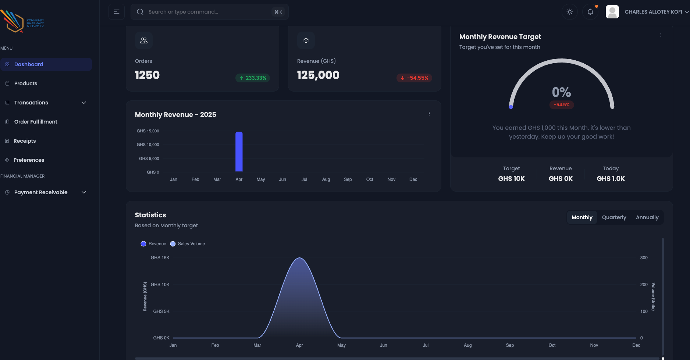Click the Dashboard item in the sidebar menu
tap(29, 64)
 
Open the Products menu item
tap(26, 83)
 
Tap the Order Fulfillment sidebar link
tap(36, 122)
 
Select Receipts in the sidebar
tap(25, 141)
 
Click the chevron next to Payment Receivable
tap(84, 192)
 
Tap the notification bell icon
tap(590, 12)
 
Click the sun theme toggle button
tap(570, 12)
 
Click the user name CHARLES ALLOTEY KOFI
tap(653, 12)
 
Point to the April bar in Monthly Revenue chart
tap(239, 152)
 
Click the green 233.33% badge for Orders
tap(253, 78)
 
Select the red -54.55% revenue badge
tap(415, 78)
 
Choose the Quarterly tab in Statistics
tap(614, 217)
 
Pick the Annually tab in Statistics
tap(647, 217)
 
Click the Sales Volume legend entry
tap(188, 244)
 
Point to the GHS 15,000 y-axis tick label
tap(148, 131)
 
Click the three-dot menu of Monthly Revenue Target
tap(661, 35)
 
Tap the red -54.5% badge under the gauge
tap(562, 105)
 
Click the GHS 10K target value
tap(511, 179)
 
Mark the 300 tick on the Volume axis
tap(644, 258)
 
